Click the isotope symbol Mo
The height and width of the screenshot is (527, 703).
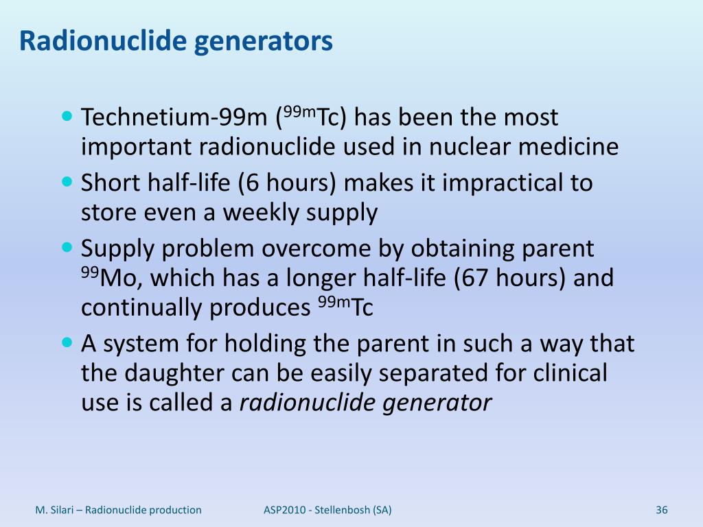(117, 279)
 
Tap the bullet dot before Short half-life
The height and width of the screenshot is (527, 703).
(67, 183)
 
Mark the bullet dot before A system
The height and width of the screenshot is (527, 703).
(67, 341)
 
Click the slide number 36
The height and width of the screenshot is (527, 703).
(662, 510)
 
